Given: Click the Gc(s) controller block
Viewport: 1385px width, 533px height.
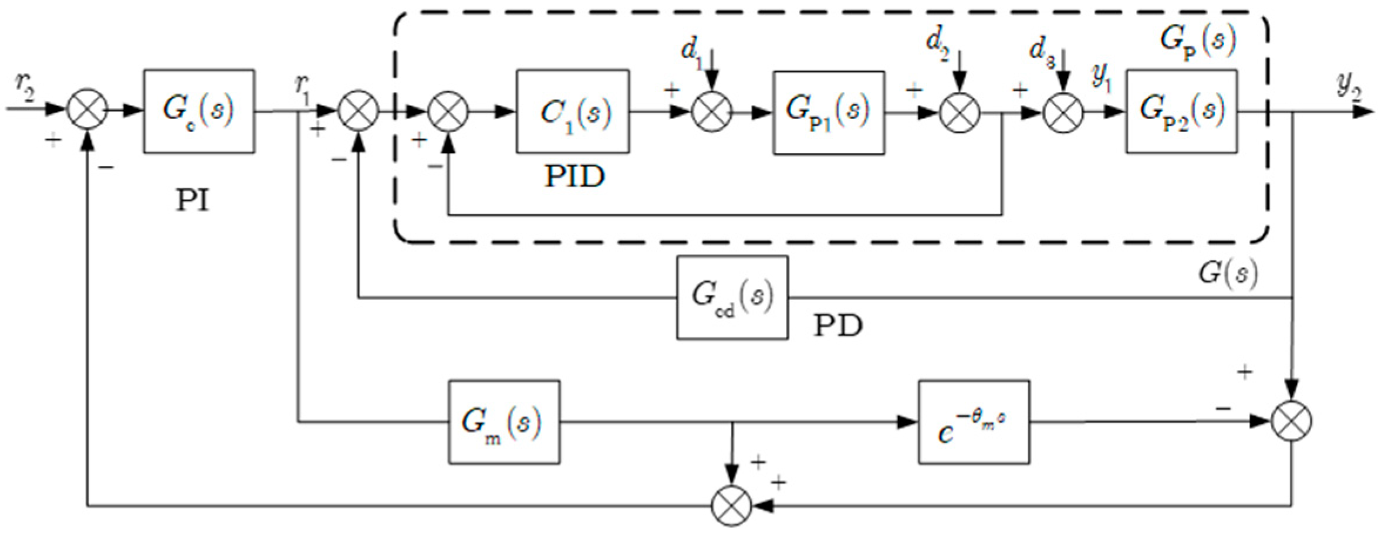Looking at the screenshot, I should tap(199, 111).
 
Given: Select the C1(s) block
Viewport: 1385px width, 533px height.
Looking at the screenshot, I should tap(573, 111).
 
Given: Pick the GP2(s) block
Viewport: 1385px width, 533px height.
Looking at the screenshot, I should tap(1181, 111).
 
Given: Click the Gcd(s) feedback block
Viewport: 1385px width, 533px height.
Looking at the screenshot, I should tap(732, 297).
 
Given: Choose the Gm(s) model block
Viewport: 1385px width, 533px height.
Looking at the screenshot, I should tap(504, 422).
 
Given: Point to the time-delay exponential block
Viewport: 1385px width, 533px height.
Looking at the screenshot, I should tap(974, 422).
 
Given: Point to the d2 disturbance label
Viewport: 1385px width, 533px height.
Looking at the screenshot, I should tap(938, 43).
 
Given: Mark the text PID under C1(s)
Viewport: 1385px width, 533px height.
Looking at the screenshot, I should tap(574, 176).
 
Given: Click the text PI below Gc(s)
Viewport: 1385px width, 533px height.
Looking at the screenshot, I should tap(192, 201).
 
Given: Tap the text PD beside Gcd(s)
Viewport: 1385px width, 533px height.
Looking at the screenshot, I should tap(837, 325).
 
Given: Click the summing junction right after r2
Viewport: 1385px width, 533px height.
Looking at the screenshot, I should tap(87, 110).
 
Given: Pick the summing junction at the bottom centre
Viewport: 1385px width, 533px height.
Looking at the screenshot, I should tap(731, 505).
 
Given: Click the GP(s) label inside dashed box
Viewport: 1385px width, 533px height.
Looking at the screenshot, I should tap(1198, 40).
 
